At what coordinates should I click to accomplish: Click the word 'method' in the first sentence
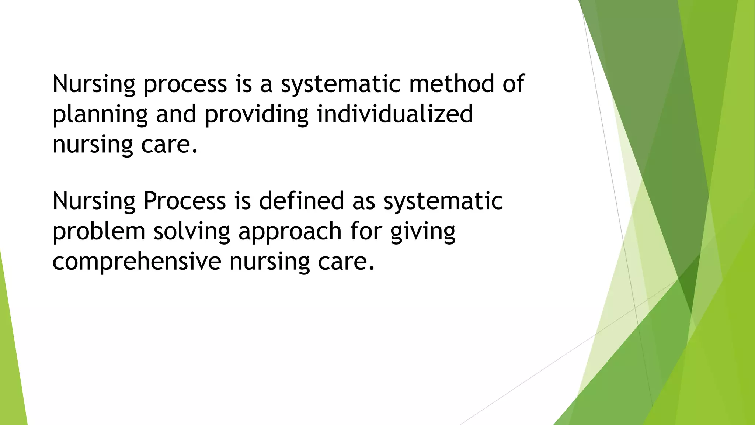pos(451,83)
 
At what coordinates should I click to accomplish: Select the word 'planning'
pos(100,114)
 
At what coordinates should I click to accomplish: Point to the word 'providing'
pos(256,114)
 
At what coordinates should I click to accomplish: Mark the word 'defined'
pos(301,201)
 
